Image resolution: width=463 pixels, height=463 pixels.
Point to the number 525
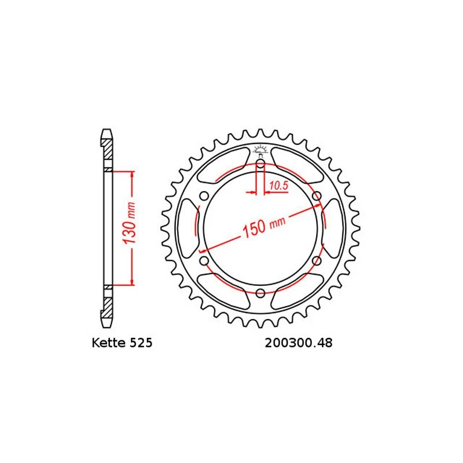click(142, 343)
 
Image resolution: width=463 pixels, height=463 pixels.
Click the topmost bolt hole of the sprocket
click(260, 166)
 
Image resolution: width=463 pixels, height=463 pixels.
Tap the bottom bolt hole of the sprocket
click(260, 293)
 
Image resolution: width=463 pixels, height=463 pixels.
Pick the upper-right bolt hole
click(316, 197)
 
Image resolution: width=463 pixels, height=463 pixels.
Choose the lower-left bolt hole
click(204, 262)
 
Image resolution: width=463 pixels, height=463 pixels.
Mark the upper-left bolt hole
click(204, 197)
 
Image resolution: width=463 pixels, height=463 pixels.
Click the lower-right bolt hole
click(316, 262)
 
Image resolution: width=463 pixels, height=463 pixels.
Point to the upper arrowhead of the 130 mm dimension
click(133, 174)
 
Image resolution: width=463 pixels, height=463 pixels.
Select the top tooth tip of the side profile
click(106, 131)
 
